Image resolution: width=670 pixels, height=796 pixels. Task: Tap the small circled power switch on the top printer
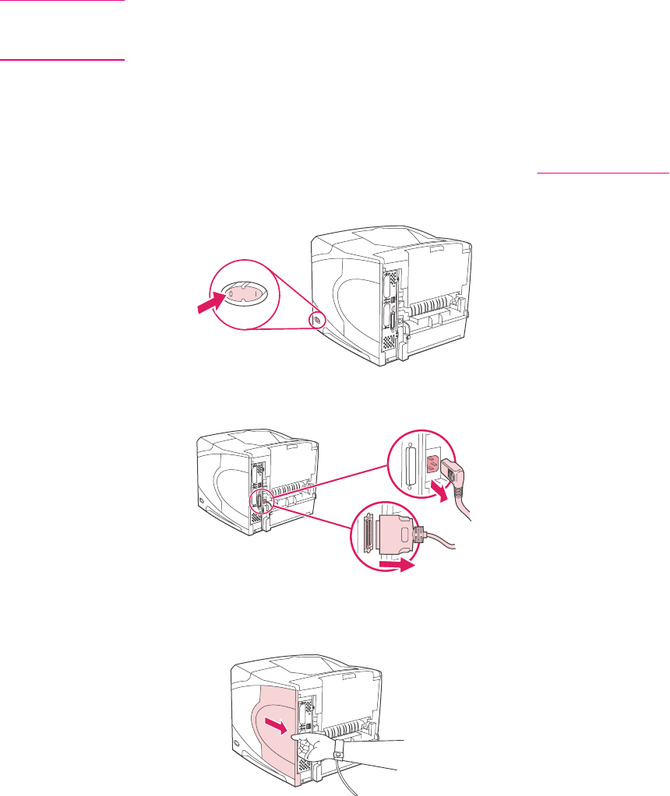(316, 320)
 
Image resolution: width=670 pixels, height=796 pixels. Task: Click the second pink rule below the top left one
(62, 60)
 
